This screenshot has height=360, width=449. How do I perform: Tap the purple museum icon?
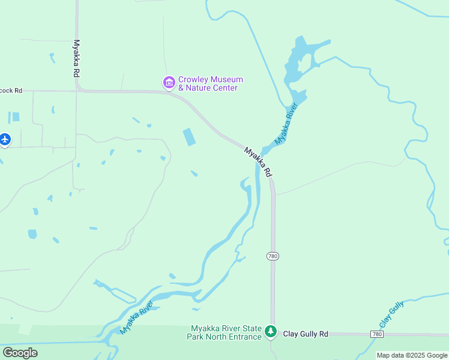click(169, 82)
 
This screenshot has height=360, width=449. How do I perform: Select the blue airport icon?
click(5, 139)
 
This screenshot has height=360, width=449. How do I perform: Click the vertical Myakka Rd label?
click(76, 58)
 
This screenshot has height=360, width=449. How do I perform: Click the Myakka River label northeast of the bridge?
click(286, 124)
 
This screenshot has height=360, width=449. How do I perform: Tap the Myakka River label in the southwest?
click(136, 317)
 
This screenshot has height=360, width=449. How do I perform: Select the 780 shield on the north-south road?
click(273, 256)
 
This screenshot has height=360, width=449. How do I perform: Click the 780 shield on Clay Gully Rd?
click(376, 334)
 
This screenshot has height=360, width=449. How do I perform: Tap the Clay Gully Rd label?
click(306, 334)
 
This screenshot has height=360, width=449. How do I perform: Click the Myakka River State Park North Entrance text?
click(226, 332)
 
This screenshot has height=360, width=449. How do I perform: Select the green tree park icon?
click(271, 331)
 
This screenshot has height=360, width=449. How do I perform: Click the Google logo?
click(20, 353)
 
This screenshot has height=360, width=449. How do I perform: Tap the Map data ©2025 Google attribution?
click(412, 355)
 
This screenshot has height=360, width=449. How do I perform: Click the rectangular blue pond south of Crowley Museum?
click(188, 137)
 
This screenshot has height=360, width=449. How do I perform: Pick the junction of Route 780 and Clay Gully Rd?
click(273, 334)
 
